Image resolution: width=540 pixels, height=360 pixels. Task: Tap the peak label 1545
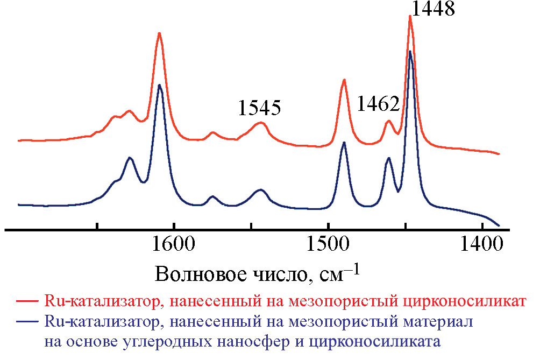(x=260, y=108)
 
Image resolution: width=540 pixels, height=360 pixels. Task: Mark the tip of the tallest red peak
(x=410, y=16)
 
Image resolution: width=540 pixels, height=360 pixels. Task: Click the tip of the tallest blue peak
(x=410, y=52)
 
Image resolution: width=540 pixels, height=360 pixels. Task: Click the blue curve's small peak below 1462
(x=388, y=158)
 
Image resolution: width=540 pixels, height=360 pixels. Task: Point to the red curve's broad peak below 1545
(x=260, y=123)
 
